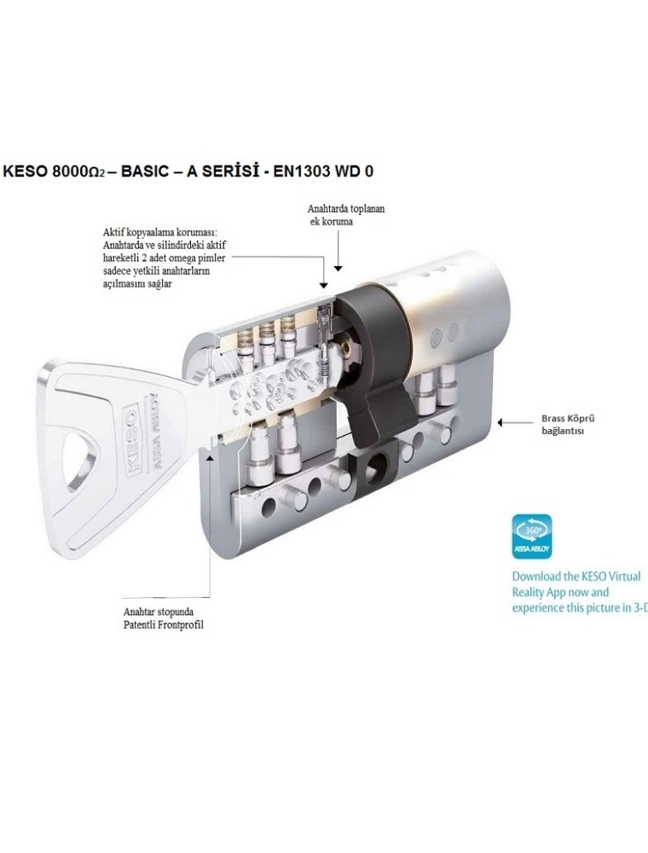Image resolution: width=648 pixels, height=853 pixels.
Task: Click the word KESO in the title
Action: click(25, 171)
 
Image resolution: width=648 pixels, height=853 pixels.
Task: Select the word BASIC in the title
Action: click(143, 171)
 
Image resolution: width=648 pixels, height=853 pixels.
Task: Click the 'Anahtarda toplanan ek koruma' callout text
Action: click(346, 215)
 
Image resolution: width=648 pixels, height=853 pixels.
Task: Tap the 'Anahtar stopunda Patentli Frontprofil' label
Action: click(164, 618)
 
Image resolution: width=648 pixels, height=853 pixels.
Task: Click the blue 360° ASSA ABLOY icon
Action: click(532, 537)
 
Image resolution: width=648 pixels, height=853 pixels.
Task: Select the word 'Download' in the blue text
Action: click(537, 577)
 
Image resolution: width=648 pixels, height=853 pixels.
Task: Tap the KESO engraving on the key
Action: click(133, 441)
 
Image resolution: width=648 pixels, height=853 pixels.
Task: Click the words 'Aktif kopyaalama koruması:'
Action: click(159, 232)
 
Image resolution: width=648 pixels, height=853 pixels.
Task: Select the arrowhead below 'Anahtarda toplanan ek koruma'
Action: click(338, 268)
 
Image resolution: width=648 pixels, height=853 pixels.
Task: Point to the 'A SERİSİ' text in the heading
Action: click(229, 171)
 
